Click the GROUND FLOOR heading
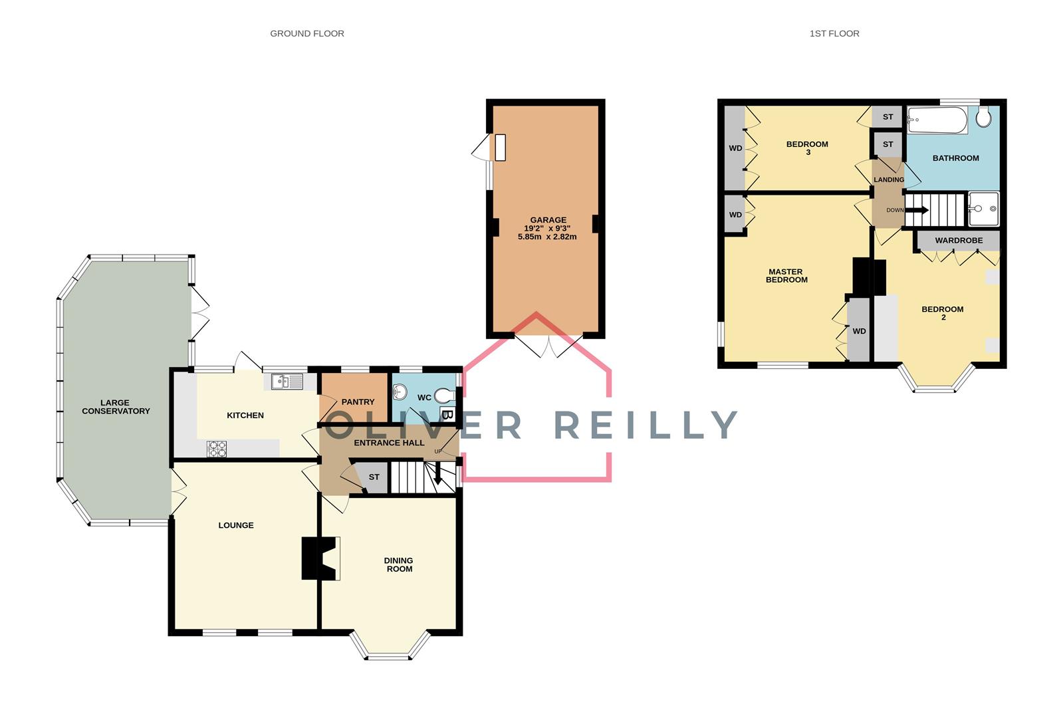[x=306, y=33]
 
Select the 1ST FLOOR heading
[x=834, y=33]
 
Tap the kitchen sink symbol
[x=287, y=382]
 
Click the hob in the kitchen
[x=217, y=449]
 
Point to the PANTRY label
[x=358, y=402]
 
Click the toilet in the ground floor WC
[x=445, y=396]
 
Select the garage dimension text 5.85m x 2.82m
[x=547, y=237]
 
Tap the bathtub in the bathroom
[x=937, y=120]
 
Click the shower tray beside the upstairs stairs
[x=983, y=209]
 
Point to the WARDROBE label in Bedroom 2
[x=958, y=240]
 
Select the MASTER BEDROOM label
[x=786, y=275]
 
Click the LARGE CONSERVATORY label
[x=116, y=406]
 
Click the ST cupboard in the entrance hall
[x=374, y=477]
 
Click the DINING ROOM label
[x=398, y=564]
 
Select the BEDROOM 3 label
[x=807, y=148]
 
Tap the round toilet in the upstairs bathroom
[x=984, y=118]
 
